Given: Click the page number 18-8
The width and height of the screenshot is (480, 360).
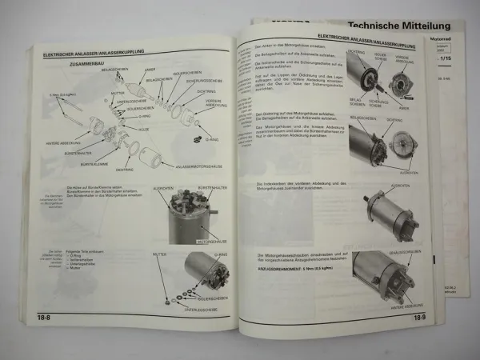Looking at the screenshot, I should [x=42, y=317].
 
